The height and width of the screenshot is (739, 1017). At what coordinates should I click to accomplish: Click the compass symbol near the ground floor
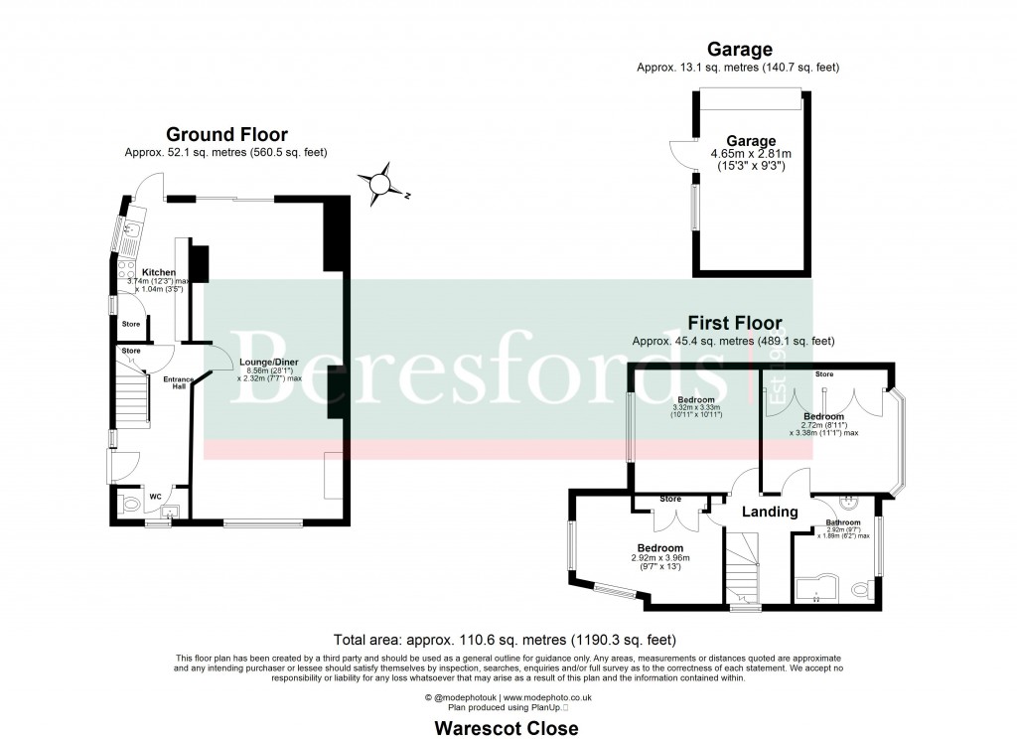(381, 184)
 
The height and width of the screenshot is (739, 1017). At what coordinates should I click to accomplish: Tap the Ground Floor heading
(226, 135)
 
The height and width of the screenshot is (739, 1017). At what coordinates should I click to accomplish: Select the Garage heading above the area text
(739, 49)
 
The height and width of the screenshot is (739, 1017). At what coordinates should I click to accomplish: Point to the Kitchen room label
(159, 272)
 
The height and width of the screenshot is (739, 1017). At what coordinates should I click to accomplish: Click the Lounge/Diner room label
(263, 362)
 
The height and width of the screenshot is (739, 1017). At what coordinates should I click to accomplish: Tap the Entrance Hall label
(179, 382)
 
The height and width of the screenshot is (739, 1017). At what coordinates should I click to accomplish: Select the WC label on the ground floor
(155, 497)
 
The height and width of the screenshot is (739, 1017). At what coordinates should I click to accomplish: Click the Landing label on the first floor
(771, 513)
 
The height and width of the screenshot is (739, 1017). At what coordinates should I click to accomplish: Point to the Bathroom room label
(843, 522)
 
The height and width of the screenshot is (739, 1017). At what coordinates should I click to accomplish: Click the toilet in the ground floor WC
(128, 505)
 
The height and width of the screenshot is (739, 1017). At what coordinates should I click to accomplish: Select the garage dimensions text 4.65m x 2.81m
(750, 154)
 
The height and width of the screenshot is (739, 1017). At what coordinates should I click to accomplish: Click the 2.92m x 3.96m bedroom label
(659, 558)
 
